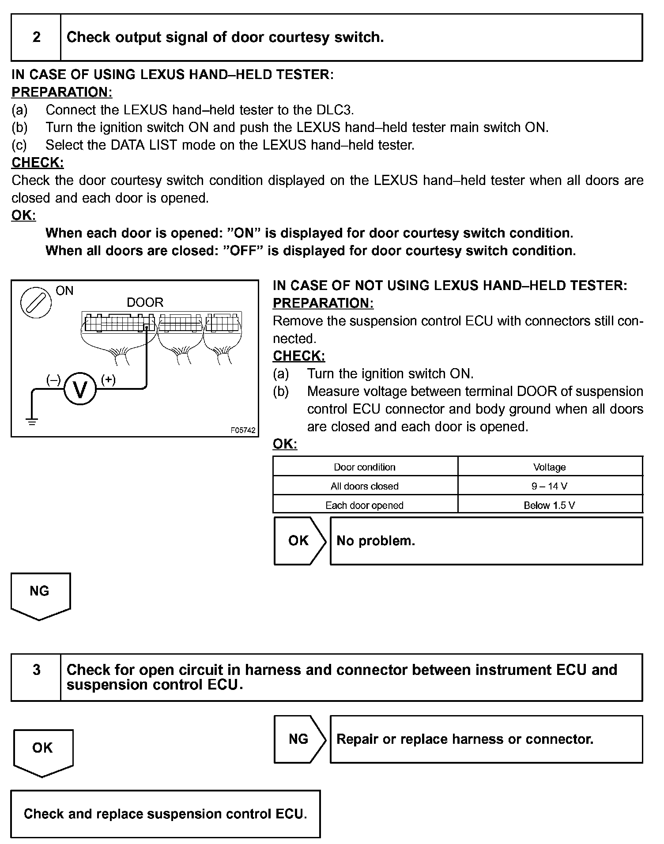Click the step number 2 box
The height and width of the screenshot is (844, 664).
pyautogui.click(x=36, y=37)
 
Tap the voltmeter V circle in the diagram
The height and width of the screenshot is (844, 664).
pyautogui.click(x=80, y=389)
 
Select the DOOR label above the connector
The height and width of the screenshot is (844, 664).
pyautogui.click(x=145, y=302)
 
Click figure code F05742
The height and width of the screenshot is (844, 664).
pyautogui.click(x=243, y=430)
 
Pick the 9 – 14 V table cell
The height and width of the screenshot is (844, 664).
pyautogui.click(x=550, y=486)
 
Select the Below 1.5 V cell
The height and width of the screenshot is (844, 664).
pyautogui.click(x=550, y=505)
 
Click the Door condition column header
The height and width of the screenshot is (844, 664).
pyautogui.click(x=365, y=467)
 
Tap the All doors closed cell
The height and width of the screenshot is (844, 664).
pyautogui.click(x=365, y=486)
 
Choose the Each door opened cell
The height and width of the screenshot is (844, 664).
pyautogui.click(x=365, y=505)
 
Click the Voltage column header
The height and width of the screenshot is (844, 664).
pyautogui.click(x=550, y=467)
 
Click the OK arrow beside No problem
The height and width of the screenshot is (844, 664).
pyautogui.click(x=299, y=541)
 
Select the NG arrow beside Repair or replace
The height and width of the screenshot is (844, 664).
pyautogui.click(x=299, y=739)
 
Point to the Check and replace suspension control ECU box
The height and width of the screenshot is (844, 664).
pyautogui.click(x=166, y=814)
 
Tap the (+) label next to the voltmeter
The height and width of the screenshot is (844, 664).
pyautogui.click(x=108, y=379)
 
